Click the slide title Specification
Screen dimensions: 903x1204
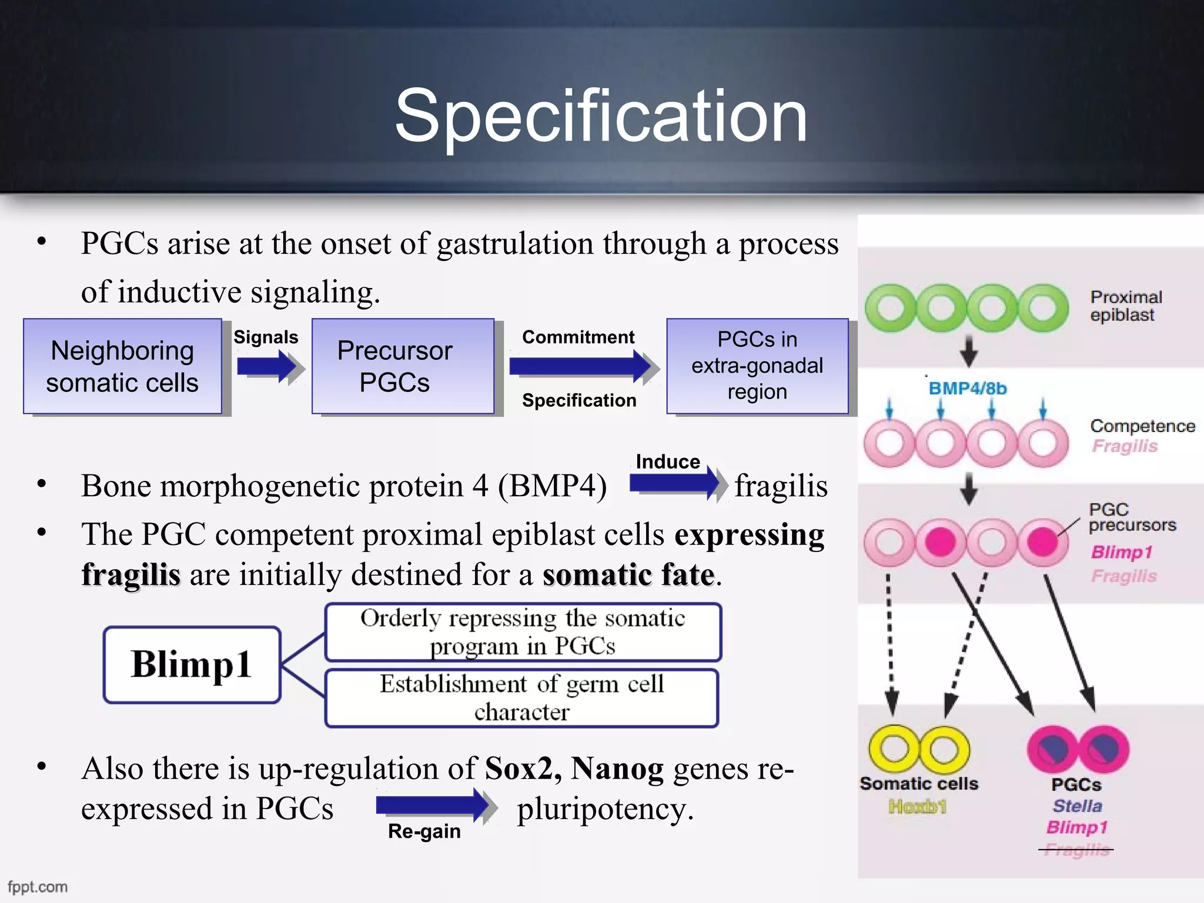tap(601, 116)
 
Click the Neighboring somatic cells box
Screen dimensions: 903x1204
tap(122, 366)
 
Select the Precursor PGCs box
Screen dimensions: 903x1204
tap(403, 366)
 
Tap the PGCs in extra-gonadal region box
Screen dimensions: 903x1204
tap(757, 366)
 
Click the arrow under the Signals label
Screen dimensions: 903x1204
tap(268, 367)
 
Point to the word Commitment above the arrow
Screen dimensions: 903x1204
tap(578, 337)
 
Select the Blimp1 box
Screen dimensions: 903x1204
tap(192, 664)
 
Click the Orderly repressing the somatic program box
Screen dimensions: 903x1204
tap(523, 632)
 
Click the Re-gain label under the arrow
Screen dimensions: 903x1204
tap(424, 831)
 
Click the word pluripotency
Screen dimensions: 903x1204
tap(605, 808)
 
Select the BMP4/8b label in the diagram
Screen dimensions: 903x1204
tap(967, 389)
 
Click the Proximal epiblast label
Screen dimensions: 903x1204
tap(1125, 306)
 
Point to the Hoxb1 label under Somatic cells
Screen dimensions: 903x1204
tap(917, 807)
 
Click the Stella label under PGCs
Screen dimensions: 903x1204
tap(1077, 805)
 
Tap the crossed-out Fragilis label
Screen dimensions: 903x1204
tap(1076, 850)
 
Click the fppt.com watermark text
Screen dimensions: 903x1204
tap(38, 887)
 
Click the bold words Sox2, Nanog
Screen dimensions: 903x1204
tap(574, 768)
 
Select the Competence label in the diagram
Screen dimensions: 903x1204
tap(1142, 426)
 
